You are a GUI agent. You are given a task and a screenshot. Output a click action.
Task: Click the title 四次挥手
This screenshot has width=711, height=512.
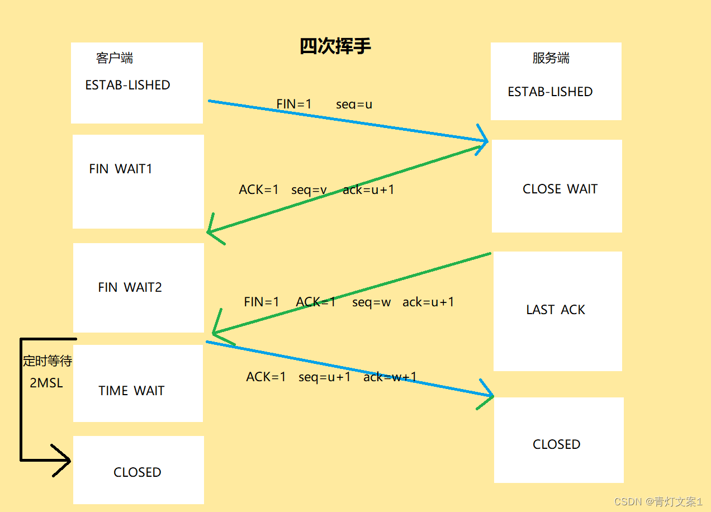coord(335,46)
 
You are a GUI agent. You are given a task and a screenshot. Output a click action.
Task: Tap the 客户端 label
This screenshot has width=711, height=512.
coord(115,58)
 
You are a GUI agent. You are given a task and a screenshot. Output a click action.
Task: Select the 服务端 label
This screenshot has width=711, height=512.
coord(551,58)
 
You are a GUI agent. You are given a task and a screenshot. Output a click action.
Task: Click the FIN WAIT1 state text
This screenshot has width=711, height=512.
coord(121,169)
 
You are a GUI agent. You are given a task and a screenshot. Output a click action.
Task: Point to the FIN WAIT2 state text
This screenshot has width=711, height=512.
coord(130,287)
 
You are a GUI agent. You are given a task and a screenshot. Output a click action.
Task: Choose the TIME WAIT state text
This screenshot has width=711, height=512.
coord(131,391)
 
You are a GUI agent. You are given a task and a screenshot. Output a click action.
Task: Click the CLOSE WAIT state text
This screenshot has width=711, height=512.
coord(560,189)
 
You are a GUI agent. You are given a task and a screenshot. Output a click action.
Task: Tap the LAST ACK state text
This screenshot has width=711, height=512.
coord(556,310)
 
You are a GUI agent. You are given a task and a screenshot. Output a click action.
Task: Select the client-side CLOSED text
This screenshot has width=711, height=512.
coord(138,472)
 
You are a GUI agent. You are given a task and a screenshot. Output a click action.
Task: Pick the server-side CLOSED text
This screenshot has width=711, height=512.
coord(557,444)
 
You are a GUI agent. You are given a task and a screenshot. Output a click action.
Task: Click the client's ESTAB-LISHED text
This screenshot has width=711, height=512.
coord(127,85)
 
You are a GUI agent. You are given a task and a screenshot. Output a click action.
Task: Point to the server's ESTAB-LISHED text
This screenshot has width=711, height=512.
coord(550,92)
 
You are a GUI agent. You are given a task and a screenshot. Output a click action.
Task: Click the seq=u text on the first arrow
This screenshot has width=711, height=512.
coord(354,104)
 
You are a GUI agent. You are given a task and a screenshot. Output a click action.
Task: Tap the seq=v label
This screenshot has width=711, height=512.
coord(309,189)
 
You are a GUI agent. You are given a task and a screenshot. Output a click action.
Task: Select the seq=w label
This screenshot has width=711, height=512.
coord(372,302)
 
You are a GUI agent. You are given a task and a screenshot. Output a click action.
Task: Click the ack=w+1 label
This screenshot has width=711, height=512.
coord(390,377)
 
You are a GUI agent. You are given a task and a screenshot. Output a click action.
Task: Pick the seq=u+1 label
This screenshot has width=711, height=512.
coord(325,377)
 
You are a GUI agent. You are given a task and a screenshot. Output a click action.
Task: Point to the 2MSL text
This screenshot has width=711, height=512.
coord(46,383)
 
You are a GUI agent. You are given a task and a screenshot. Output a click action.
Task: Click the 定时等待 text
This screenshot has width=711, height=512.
coord(48,361)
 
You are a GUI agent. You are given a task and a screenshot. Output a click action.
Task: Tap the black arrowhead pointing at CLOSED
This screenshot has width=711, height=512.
coord(64,461)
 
